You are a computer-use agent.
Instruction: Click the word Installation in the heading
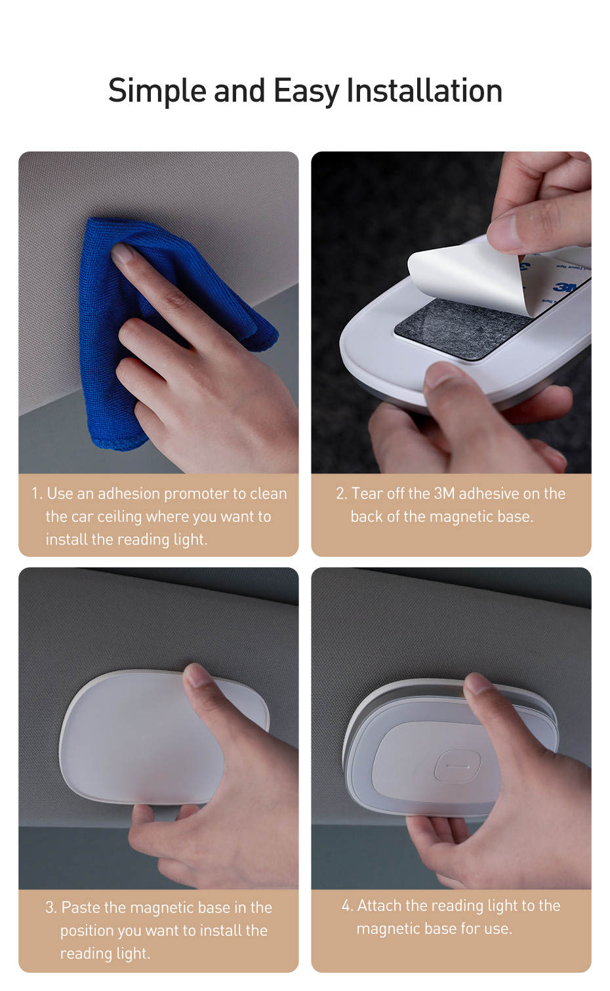click(424, 91)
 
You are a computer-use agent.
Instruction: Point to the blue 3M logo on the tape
click(566, 287)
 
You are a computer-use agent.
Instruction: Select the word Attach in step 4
click(379, 906)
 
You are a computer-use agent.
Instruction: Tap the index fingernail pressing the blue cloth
click(123, 254)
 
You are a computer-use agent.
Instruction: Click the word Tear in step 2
click(367, 493)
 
